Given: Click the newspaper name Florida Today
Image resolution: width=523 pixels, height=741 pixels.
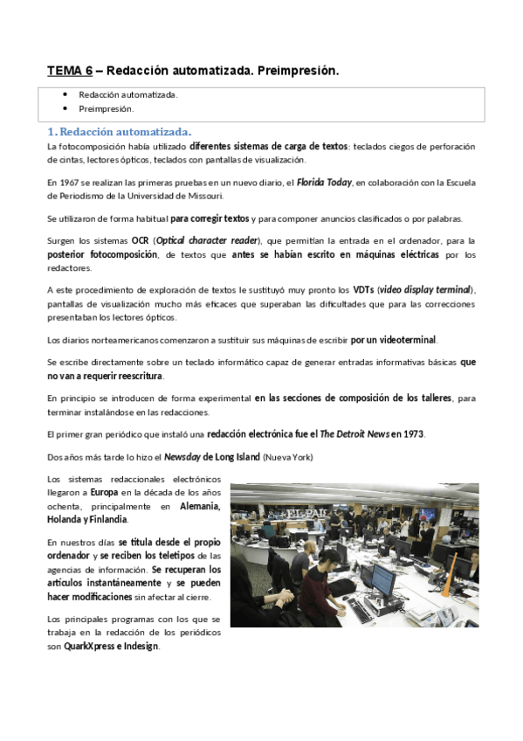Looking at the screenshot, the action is pos(323,182).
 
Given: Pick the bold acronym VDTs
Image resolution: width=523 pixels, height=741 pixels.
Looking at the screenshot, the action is pos(363,289).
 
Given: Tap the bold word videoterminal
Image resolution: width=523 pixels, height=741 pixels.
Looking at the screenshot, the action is pos(407,339).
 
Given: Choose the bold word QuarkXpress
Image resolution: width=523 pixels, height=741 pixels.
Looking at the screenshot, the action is pos(91,647).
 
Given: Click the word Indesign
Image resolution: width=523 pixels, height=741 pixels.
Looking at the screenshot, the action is pos(141,647).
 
